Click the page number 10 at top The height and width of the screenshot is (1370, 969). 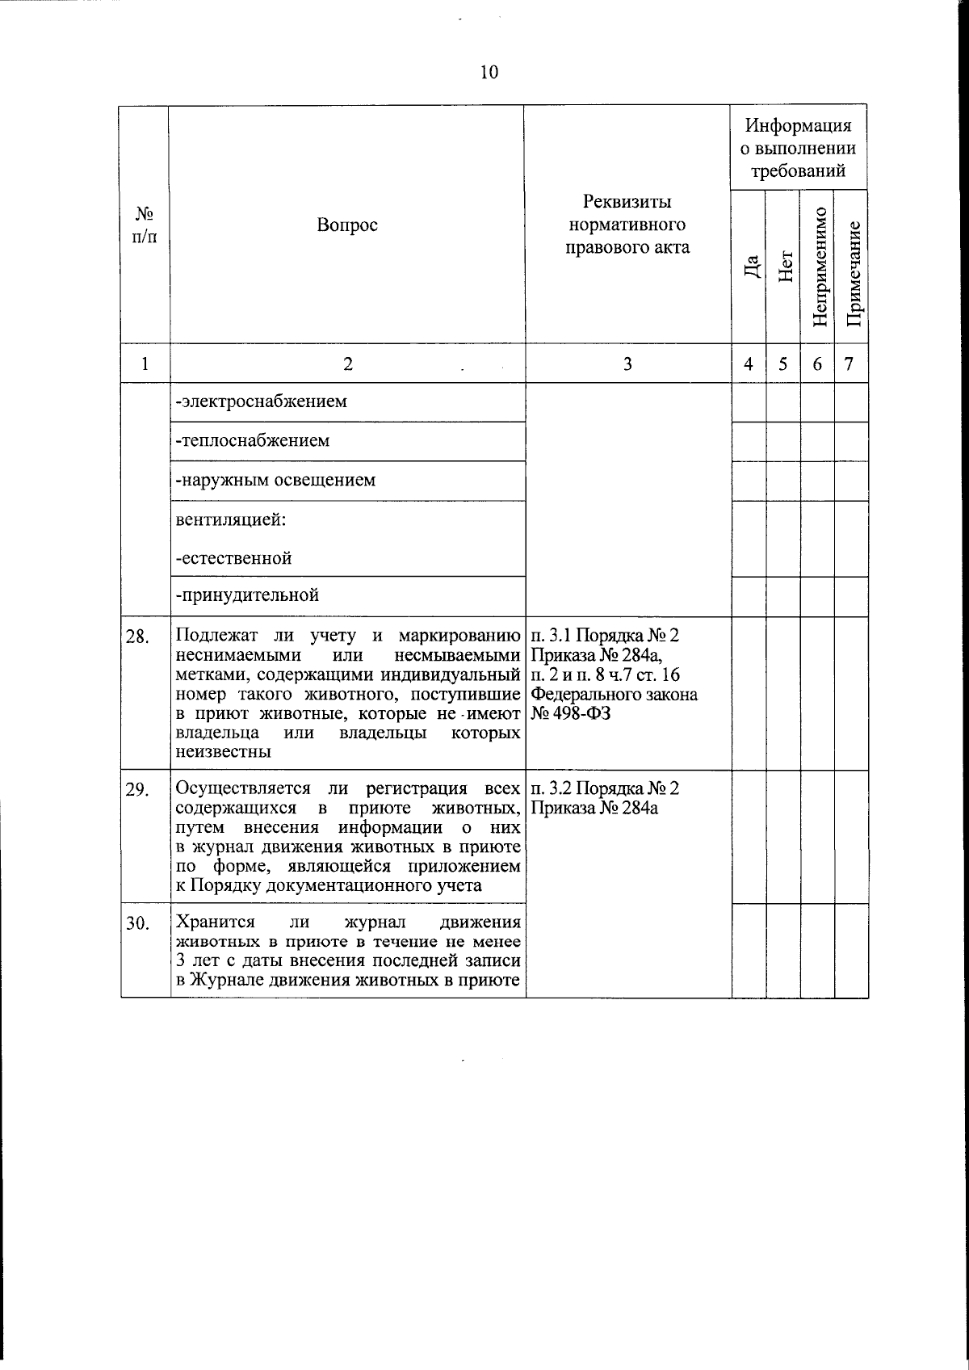click(x=489, y=73)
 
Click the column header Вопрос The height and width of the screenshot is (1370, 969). click(x=347, y=225)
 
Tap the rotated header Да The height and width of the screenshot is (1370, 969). click(x=751, y=267)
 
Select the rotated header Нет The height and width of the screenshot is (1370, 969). click(x=785, y=267)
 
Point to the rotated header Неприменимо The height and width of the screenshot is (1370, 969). click(x=819, y=267)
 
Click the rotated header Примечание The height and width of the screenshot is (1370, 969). click(x=853, y=267)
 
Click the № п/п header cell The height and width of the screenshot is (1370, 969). click(x=145, y=225)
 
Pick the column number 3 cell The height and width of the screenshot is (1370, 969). click(x=627, y=364)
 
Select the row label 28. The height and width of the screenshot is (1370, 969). click(x=137, y=637)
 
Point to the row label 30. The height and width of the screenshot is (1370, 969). click(x=137, y=924)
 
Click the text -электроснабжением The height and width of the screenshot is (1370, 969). click(x=262, y=401)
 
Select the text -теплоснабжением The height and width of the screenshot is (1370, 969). click(x=253, y=441)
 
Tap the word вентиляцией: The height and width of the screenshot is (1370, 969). click(x=230, y=519)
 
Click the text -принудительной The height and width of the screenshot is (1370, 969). click(x=248, y=596)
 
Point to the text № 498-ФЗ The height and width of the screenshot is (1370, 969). click(x=571, y=714)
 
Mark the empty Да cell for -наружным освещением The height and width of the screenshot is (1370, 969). click(x=749, y=481)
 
